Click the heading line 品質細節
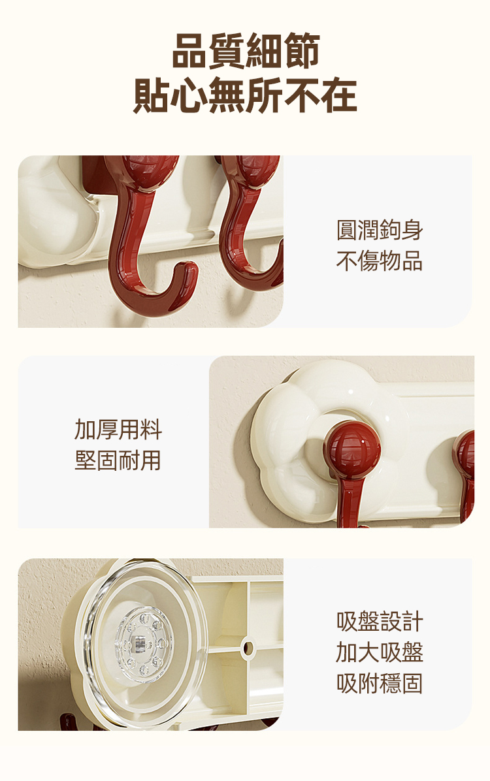coord(245,51)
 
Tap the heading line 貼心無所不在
coord(245,95)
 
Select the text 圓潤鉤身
coord(380,230)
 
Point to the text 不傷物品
coord(380,261)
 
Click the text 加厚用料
coord(118,429)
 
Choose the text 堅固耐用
coord(118,460)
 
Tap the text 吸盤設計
coord(380,621)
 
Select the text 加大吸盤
coord(380,652)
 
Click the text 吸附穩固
coord(380,683)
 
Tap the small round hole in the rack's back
coord(248,648)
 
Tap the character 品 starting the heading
coord(190,51)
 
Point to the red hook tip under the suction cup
coord(69,722)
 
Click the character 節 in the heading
coord(301,51)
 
